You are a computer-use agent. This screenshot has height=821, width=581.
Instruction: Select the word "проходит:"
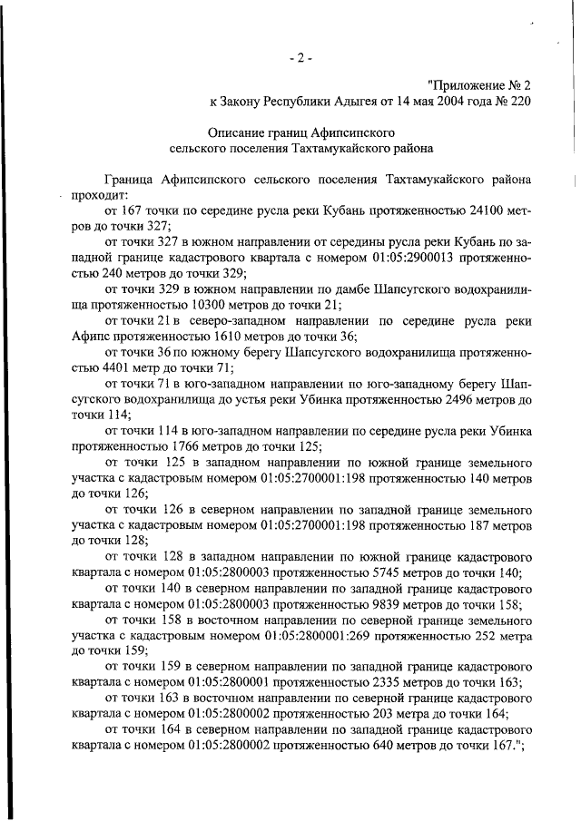(x=101, y=194)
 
